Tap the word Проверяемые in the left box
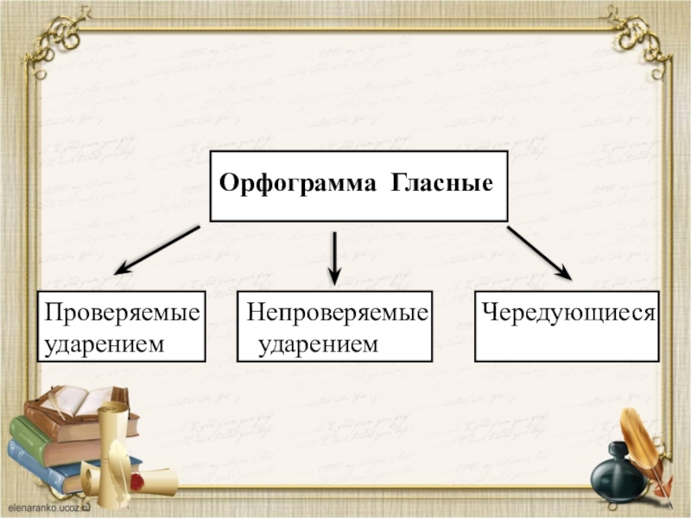coord(123,312)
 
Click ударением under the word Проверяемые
coord(105,344)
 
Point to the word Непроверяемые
coord(337,312)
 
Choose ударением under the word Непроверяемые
coord(319,344)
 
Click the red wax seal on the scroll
coord(136,479)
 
